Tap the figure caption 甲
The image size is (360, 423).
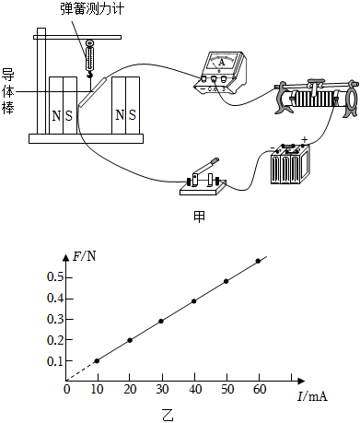point(199,217)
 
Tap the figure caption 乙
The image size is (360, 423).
point(166,412)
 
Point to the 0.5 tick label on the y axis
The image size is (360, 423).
point(53,277)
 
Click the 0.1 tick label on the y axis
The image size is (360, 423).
point(53,361)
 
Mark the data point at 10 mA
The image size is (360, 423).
point(98,360)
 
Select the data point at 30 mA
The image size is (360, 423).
point(161,321)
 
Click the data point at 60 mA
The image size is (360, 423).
point(258,261)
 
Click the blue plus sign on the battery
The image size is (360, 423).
point(304,138)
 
